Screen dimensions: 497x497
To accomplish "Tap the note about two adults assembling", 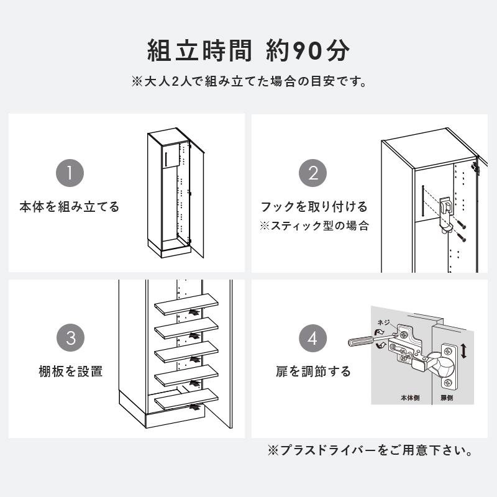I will (x=248, y=81).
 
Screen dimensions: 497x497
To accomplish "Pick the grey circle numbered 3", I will (x=70, y=339).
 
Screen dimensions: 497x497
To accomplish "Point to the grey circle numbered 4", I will (x=312, y=339).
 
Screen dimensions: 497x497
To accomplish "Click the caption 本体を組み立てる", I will (x=70, y=207).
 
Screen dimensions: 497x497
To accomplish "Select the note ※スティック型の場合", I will (x=314, y=226).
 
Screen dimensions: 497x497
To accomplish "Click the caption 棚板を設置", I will (x=70, y=372).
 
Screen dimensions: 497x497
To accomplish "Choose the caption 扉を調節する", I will (x=313, y=372).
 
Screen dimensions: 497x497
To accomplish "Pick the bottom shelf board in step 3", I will (x=187, y=398).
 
